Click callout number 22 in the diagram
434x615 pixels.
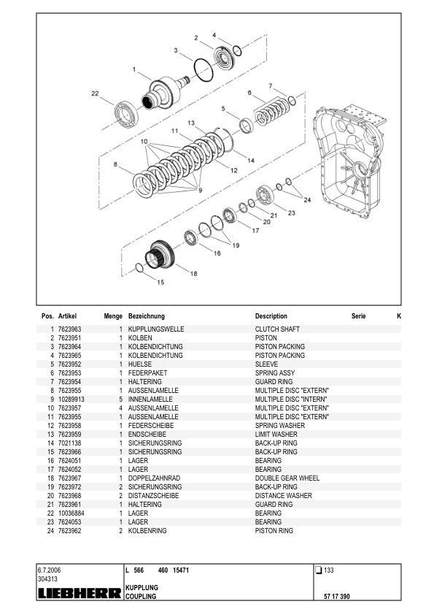click(x=95, y=93)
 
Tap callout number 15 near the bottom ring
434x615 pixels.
click(x=160, y=281)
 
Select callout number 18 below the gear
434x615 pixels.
click(x=193, y=274)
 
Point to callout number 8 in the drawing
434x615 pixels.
click(x=115, y=165)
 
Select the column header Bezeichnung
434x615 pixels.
click(x=147, y=316)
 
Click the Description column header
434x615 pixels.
click(x=271, y=316)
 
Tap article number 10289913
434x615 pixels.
click(x=71, y=400)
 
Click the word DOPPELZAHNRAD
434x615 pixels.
click(x=151, y=478)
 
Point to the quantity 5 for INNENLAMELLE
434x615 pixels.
click(x=120, y=400)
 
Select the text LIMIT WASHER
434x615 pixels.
click(x=276, y=435)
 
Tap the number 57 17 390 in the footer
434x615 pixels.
click(x=336, y=597)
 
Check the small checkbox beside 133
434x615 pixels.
click(x=318, y=570)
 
